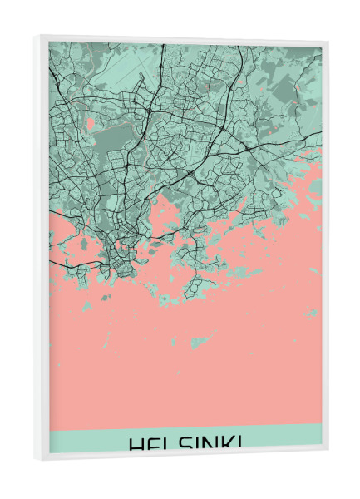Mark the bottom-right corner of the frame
328,451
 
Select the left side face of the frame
42,249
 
